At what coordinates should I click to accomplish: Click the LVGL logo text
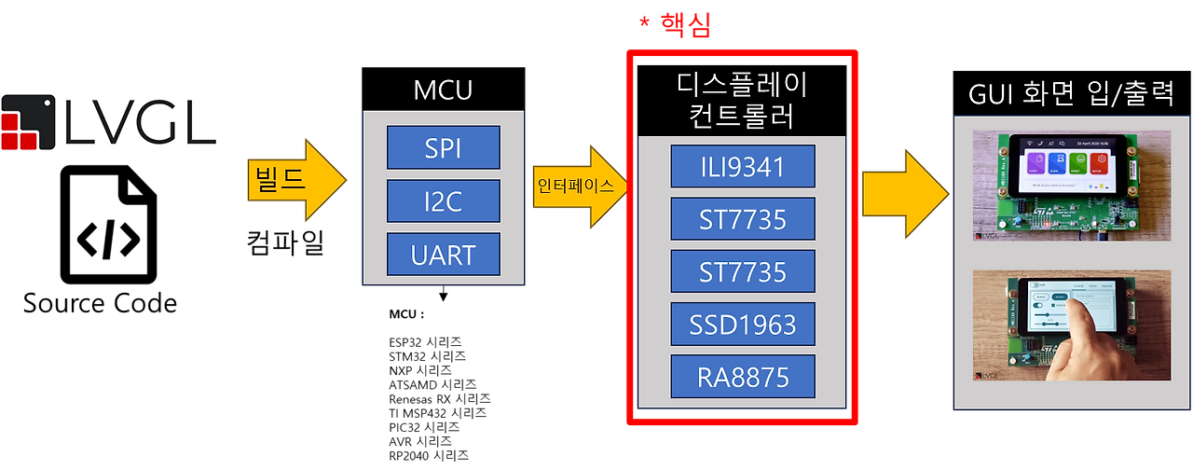point(140,124)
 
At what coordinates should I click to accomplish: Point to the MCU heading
point(443,91)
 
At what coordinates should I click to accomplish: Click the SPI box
point(443,147)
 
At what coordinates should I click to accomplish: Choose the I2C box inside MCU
point(443,200)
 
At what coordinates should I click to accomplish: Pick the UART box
point(443,254)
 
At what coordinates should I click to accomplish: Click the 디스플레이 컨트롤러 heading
point(742,101)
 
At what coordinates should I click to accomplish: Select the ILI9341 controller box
point(742,167)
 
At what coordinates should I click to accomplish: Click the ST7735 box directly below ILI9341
point(742,219)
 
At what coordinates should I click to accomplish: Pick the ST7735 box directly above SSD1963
point(742,271)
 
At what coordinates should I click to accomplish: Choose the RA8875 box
point(742,377)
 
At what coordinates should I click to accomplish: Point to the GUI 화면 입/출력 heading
point(1070,94)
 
